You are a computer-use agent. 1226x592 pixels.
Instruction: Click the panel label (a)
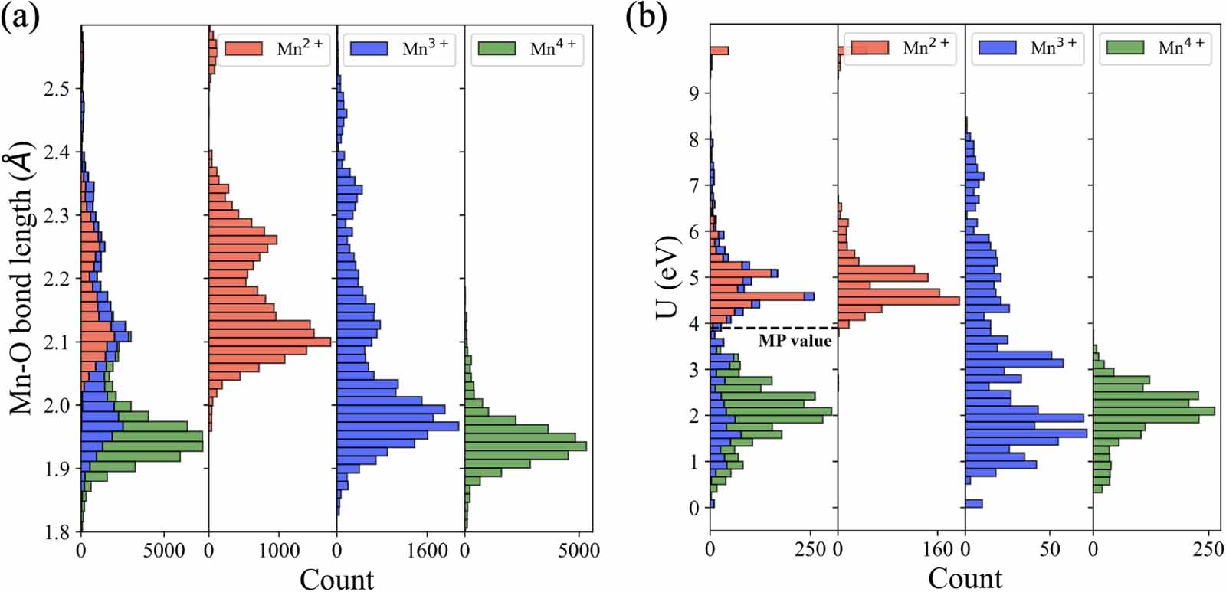point(20,15)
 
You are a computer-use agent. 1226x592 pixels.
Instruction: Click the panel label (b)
point(646,15)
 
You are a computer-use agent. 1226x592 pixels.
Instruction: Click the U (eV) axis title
point(668,277)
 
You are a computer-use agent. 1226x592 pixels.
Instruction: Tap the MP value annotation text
point(795,342)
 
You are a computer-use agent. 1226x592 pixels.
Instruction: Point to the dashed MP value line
point(774,328)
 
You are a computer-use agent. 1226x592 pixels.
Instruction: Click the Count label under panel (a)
point(336,579)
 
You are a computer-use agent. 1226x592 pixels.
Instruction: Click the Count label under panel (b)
point(965,578)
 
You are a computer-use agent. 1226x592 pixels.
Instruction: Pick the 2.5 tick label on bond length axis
point(56,89)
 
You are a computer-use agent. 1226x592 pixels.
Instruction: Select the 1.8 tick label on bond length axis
point(56,532)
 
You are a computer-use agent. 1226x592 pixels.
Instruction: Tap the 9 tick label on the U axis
point(693,93)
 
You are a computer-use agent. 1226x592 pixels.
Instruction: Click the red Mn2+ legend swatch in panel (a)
point(244,49)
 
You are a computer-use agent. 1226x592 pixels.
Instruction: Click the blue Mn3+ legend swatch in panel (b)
point(997,47)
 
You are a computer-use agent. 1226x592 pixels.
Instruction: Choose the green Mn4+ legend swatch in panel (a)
point(497,49)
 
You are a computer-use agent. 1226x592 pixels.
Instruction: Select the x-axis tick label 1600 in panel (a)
point(427,551)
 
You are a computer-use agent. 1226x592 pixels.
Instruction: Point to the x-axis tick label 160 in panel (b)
point(939,549)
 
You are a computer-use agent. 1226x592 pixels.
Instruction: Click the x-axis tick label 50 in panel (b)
point(1050,549)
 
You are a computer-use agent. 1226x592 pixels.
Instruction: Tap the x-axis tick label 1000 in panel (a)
point(278,551)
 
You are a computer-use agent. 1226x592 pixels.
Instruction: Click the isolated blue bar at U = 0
point(974,503)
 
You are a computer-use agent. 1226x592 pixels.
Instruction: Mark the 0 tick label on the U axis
point(693,508)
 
